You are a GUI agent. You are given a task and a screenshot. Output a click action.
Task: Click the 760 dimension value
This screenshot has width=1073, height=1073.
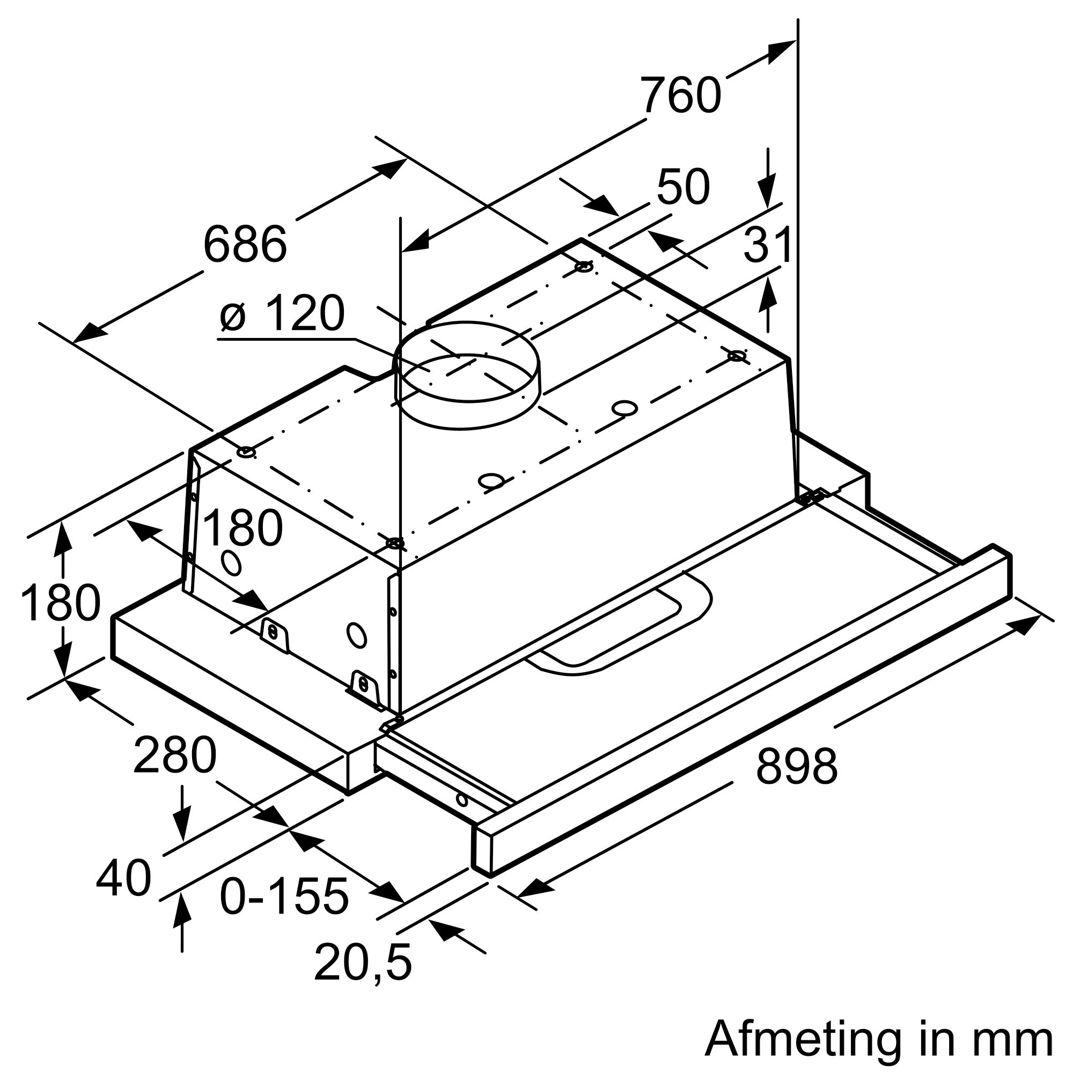click(x=681, y=96)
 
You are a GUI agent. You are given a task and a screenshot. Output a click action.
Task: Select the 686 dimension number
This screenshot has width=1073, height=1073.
click(x=245, y=244)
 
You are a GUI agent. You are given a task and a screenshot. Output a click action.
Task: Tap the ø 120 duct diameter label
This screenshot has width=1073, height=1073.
click(x=282, y=314)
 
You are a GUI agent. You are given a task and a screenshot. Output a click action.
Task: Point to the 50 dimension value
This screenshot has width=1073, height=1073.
click(x=682, y=187)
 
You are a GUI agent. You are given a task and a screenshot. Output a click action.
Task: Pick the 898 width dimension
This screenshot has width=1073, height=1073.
click(x=796, y=767)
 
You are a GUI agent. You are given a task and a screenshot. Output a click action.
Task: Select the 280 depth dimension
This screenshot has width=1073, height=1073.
click(x=174, y=755)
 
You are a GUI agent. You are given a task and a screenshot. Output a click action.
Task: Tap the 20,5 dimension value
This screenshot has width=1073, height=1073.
click(x=363, y=962)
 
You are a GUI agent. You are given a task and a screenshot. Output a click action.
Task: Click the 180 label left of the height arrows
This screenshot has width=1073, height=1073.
click(x=60, y=602)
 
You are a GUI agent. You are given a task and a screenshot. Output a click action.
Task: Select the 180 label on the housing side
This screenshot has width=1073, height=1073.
click(x=242, y=528)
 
